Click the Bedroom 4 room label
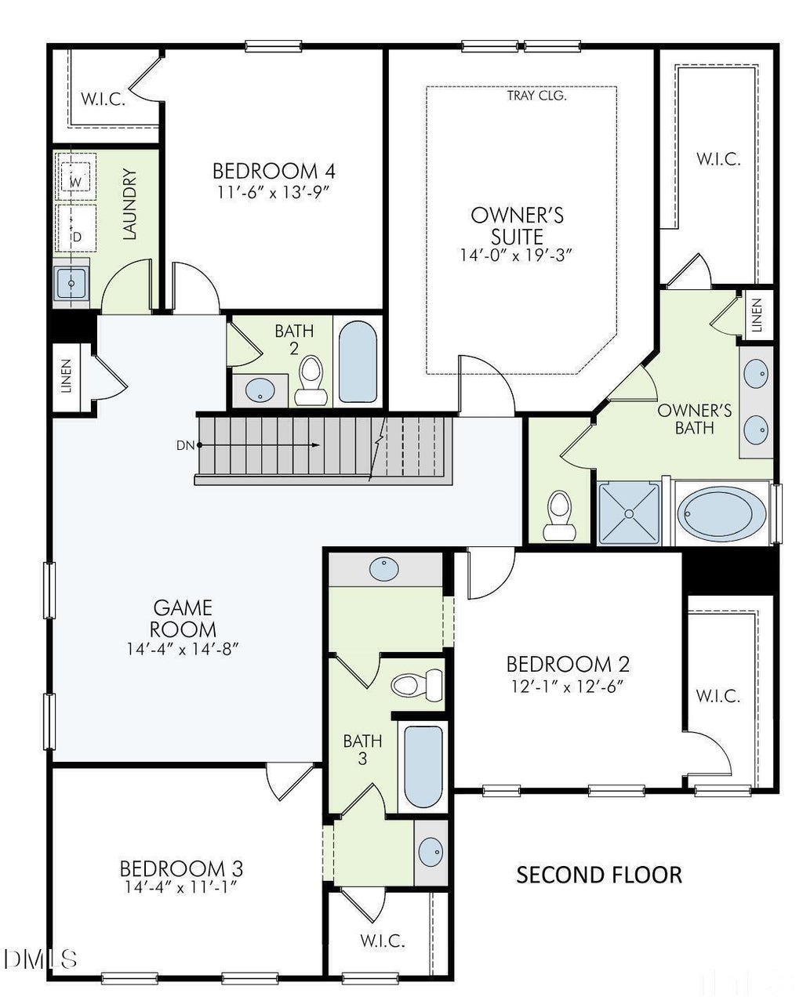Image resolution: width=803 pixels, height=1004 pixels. tap(274, 171)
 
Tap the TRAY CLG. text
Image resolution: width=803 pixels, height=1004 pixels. tap(536, 96)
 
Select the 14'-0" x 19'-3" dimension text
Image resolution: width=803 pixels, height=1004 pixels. tap(516, 256)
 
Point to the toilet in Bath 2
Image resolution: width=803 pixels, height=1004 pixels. tap(311, 380)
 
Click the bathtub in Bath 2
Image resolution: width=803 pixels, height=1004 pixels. tap(358, 361)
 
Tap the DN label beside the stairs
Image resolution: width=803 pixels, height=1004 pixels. tap(185, 445)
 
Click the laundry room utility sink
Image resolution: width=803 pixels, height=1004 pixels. tap(71, 283)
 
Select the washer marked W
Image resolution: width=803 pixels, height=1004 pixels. tap(75, 177)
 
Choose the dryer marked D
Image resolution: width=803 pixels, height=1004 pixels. tap(75, 228)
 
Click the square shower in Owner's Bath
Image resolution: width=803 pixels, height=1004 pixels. tap(628, 513)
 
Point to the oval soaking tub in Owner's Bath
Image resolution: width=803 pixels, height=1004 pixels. tap(721, 514)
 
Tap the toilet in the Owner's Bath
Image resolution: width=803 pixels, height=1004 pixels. tap(560, 516)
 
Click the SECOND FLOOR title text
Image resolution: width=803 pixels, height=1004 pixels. tap(599, 875)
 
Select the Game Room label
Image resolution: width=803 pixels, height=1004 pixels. tap(183, 618)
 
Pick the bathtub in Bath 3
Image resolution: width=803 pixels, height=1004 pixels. tap(423, 767)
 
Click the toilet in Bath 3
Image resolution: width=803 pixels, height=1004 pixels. tap(417, 685)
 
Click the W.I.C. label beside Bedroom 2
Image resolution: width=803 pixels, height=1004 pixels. tap(718, 697)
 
